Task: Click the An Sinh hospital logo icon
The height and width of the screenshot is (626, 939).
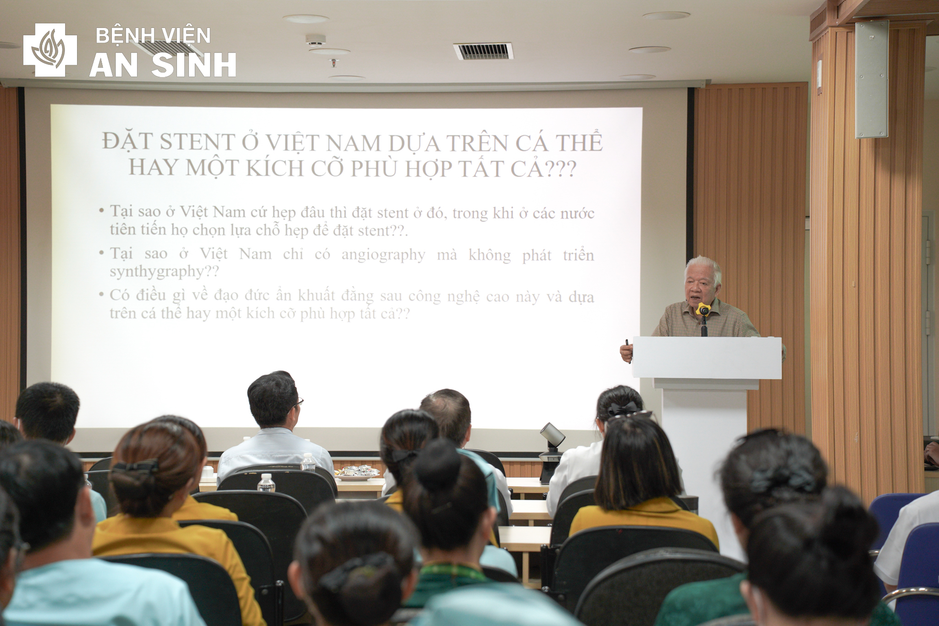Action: [50, 50]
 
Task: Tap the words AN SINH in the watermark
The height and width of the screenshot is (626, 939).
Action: [163, 65]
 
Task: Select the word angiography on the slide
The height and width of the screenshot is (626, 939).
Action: [383, 255]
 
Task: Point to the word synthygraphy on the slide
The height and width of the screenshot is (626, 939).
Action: [156, 272]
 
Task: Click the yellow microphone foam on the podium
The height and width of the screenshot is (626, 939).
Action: [703, 309]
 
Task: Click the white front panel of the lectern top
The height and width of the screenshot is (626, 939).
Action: [707, 358]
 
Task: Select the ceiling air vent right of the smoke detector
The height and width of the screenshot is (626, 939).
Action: [483, 51]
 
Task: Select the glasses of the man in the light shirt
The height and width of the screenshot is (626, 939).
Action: [298, 403]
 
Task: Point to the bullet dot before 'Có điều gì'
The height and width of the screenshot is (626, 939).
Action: [102, 295]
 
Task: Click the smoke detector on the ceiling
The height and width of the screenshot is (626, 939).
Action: [316, 41]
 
